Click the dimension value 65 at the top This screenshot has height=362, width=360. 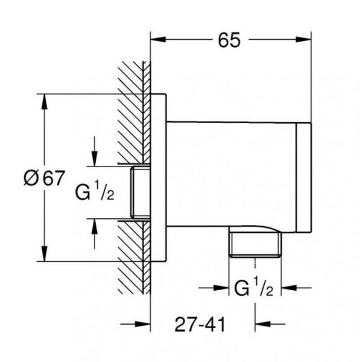pos(229,40)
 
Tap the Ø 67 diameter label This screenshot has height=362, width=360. pos(44,178)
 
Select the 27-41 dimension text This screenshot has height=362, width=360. pos(200,325)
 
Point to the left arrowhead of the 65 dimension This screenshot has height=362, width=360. pos(158,39)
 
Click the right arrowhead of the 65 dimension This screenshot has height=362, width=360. pos(303,39)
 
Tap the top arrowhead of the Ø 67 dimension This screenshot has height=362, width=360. pos(44,101)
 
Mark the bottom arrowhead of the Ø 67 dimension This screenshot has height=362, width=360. pos(44,254)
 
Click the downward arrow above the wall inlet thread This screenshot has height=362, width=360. pos(95,151)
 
